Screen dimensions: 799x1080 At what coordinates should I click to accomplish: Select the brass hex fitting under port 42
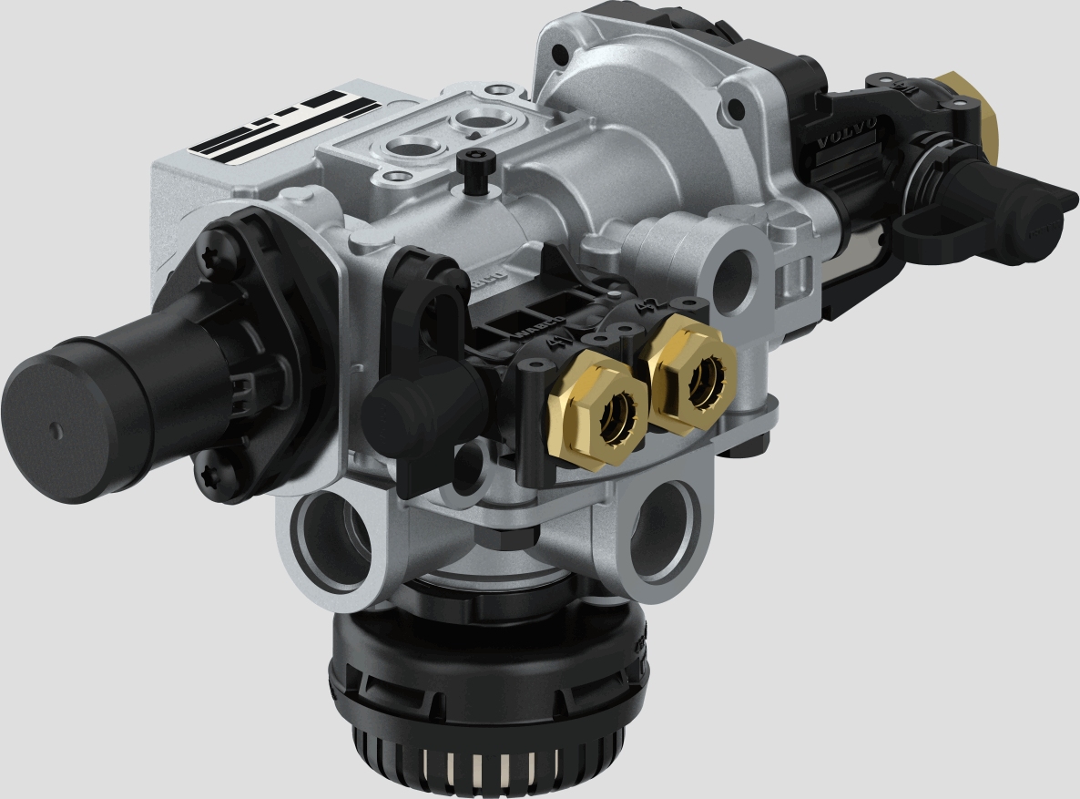pos(691,374)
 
